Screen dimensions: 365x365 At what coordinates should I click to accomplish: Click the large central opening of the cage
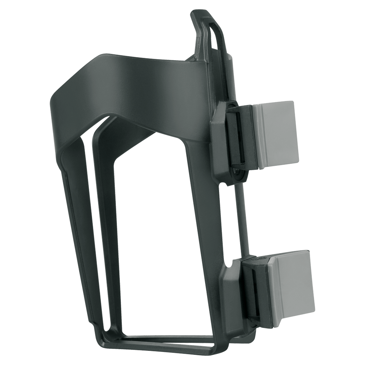click(153, 237)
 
